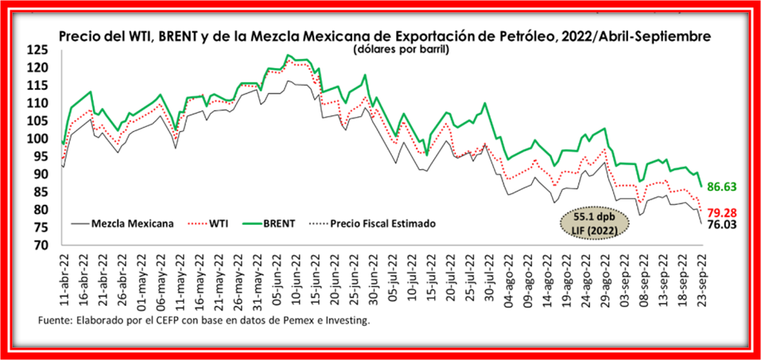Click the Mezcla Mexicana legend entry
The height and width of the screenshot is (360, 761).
pyautogui.click(x=133, y=224)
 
